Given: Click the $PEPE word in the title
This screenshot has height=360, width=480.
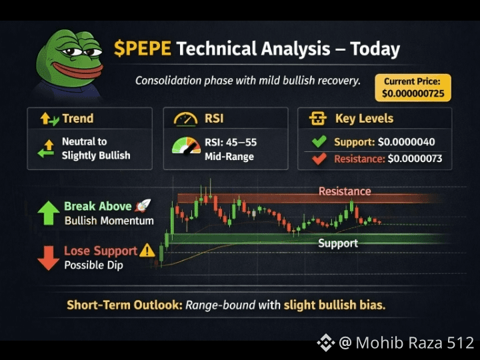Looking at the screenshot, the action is [143, 49].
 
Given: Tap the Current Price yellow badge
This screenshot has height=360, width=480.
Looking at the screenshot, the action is [413, 87].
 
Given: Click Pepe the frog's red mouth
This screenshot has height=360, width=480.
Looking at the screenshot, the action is [77, 71].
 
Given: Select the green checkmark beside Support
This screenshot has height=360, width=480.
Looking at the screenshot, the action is [319, 141].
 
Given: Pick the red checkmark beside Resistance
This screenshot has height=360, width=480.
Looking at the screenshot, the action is [319, 159].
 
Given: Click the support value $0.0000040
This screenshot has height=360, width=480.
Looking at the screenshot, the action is [406, 142].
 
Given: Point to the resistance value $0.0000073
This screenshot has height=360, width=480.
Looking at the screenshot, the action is [415, 159].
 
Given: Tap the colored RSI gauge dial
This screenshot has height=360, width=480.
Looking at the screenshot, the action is [186, 145].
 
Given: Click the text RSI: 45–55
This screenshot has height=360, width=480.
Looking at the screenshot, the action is [231, 143].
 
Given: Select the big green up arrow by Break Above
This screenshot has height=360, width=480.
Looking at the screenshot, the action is [49, 213].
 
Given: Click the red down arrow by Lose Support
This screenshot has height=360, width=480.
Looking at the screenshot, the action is [49, 258].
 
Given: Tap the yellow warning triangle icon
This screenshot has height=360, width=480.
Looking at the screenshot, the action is [147, 250].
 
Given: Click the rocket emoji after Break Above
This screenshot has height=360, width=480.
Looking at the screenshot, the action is [143, 206].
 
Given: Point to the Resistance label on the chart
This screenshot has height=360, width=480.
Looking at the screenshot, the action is [345, 191].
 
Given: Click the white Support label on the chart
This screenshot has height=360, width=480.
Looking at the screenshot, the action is [338, 243].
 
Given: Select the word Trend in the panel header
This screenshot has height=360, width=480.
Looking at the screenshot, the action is [78, 119].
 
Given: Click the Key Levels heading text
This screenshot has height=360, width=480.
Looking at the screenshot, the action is [364, 119].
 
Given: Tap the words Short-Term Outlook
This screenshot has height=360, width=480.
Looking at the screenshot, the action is [125, 305].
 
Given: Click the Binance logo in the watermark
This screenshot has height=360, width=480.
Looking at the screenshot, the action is [326, 343].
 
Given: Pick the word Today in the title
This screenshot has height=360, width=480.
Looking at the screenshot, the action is [375, 49].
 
